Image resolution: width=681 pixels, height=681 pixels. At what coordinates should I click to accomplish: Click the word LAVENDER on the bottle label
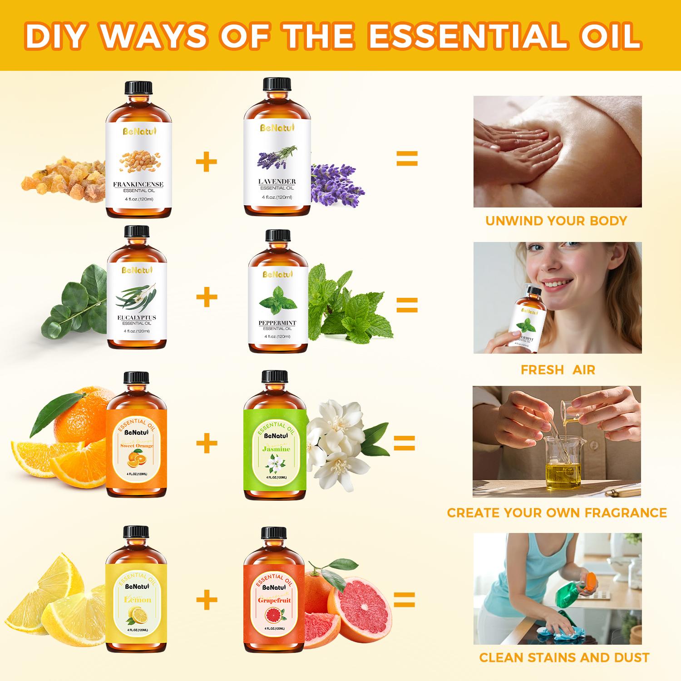click(x=277, y=182)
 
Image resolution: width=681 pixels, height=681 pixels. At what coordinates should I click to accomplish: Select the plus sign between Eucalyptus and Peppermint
click(x=207, y=297)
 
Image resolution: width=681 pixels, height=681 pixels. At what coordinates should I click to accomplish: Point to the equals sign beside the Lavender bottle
click(x=407, y=159)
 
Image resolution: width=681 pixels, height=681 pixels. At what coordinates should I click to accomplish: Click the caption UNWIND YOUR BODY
click(x=556, y=221)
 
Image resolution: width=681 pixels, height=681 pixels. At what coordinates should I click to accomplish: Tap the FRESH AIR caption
click(x=558, y=370)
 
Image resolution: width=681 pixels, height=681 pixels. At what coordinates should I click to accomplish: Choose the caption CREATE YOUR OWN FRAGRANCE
click(x=557, y=513)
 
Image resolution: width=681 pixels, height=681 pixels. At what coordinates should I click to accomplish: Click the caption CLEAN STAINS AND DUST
click(x=564, y=657)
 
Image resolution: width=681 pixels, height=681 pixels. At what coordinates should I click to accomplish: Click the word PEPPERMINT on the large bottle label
click(x=277, y=323)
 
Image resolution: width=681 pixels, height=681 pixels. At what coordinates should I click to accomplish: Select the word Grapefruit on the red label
click(x=274, y=600)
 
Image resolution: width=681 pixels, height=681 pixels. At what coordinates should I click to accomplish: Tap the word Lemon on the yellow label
click(x=138, y=600)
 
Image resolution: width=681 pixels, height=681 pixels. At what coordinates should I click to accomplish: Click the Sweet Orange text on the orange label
click(x=137, y=446)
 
